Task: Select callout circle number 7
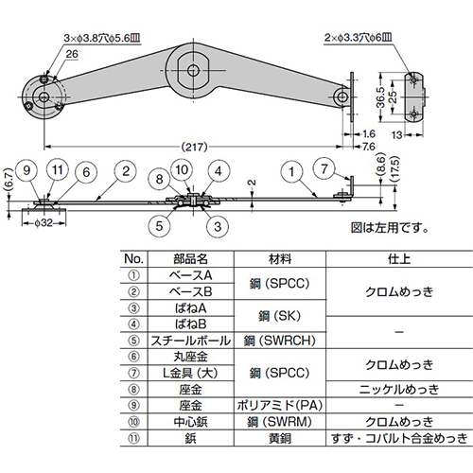(324, 169)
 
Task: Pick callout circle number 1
(293, 171)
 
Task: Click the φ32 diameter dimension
(42, 225)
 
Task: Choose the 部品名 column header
(192, 258)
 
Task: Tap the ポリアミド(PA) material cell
(279, 404)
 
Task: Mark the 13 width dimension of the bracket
(413, 135)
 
